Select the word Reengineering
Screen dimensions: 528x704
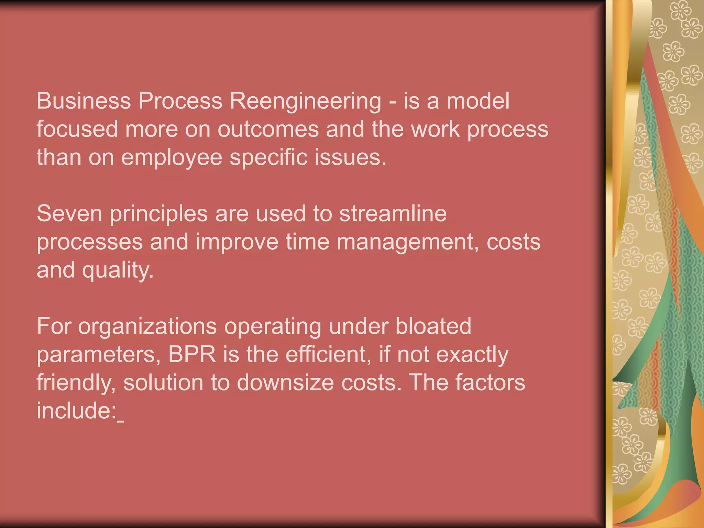[x=305, y=101]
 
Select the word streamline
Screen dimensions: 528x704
[x=393, y=213]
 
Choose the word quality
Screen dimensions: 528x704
[x=117, y=271]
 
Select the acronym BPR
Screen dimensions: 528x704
[x=192, y=354]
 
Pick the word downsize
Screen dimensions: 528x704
[x=285, y=383]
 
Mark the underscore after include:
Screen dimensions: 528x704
[x=120, y=421]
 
